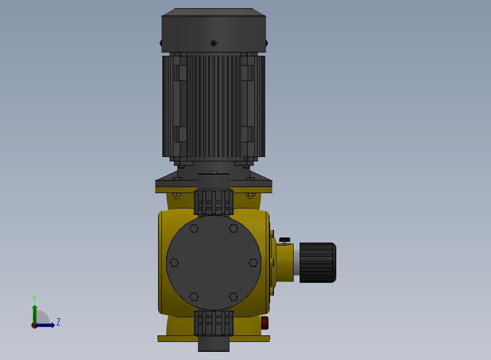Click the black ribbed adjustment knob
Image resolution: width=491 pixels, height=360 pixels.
[318, 263]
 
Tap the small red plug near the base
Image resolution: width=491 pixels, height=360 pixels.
[265, 323]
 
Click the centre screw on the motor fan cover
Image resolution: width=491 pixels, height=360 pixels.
[214, 43]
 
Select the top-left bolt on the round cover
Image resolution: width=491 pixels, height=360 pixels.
[194, 228]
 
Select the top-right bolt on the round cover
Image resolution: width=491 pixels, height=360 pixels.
[233, 228]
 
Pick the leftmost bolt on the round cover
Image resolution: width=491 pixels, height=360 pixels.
[174, 263]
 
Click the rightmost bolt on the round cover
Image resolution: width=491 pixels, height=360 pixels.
[253, 263]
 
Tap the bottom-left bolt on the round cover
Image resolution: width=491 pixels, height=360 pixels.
[194, 297]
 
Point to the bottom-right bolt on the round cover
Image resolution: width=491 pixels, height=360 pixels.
[233, 297]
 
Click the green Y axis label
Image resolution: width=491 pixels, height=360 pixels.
[34, 298]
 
